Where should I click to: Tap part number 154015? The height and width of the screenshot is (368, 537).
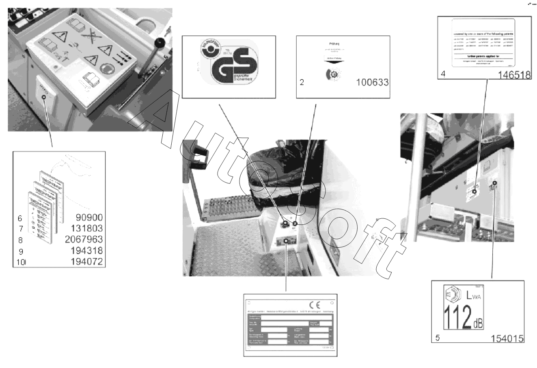click(x=507, y=338)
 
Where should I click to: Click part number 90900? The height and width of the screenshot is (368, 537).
click(x=90, y=218)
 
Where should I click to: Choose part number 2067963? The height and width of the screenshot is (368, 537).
click(x=84, y=239)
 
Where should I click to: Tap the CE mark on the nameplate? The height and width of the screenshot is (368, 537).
click(x=315, y=305)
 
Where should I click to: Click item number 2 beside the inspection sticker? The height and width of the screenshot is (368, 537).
click(x=302, y=82)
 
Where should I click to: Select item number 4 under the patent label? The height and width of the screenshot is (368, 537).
click(x=443, y=75)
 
